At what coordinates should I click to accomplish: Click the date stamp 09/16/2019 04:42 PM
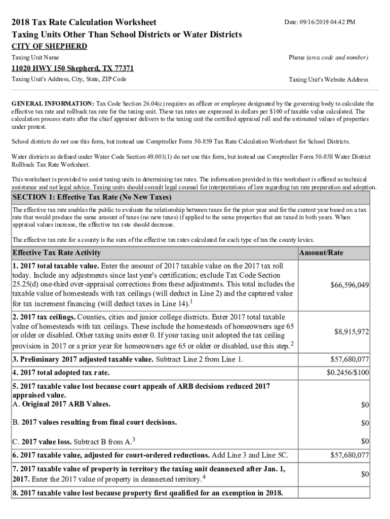pyautogui.click(x=320, y=22)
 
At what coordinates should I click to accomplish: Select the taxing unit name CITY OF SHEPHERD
pyautogui.click(x=49, y=47)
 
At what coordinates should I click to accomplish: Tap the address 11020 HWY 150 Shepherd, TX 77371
pyautogui.click(x=72, y=68)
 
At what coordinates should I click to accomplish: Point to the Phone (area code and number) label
pyautogui.click(x=328, y=58)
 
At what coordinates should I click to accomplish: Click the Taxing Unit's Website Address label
pyautogui.click(x=328, y=80)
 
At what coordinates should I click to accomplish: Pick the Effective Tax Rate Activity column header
pyautogui.click(x=56, y=253)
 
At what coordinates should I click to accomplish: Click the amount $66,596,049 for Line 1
pyautogui.click(x=349, y=285)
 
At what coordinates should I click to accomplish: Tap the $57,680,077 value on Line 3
pyautogui.click(x=349, y=360)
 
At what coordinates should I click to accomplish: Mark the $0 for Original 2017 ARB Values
pyautogui.click(x=365, y=405)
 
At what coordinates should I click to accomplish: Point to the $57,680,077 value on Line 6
pyautogui.click(x=349, y=456)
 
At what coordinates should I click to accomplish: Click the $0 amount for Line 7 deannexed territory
pyautogui.click(x=365, y=474)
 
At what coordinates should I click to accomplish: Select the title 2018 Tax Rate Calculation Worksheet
pyautogui.click(x=84, y=22)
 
